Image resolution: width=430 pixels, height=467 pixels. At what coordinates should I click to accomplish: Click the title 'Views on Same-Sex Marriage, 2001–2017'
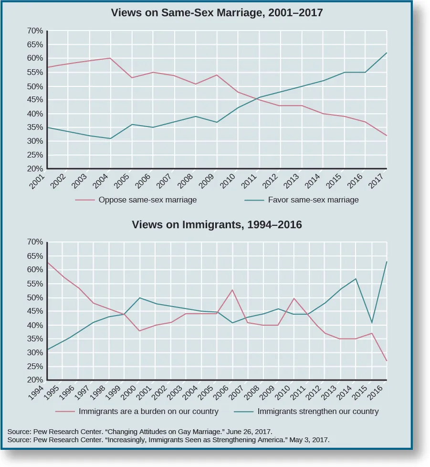[217, 13]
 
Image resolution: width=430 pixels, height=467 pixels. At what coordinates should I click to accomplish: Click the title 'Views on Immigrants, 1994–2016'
[217, 224]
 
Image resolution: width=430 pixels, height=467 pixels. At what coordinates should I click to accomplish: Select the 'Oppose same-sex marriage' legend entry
[147, 200]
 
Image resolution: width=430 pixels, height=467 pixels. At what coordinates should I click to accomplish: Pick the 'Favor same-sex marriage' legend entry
[313, 200]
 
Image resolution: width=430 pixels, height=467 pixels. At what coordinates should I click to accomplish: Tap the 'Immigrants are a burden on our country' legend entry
[148, 411]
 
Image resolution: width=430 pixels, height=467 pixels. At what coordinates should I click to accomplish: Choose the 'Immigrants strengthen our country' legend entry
[318, 411]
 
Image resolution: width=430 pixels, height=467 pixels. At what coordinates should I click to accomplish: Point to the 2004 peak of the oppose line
[111, 58]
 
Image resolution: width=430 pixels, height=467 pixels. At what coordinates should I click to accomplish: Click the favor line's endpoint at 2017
[387, 53]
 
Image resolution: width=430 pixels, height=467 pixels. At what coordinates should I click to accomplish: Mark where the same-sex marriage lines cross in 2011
[259, 98]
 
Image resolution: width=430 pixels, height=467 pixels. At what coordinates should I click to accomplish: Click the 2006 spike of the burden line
[232, 290]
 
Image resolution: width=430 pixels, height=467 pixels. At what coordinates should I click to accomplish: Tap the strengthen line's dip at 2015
[371, 323]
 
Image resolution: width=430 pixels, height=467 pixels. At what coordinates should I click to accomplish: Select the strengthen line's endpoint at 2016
[387, 262]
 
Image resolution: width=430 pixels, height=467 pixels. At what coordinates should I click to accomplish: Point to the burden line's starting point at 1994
[47, 262]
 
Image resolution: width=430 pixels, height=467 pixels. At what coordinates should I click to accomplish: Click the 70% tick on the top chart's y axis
[35, 31]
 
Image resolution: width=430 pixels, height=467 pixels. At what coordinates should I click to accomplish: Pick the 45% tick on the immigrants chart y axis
[35, 311]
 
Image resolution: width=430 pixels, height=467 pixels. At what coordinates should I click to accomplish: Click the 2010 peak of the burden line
[294, 298]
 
